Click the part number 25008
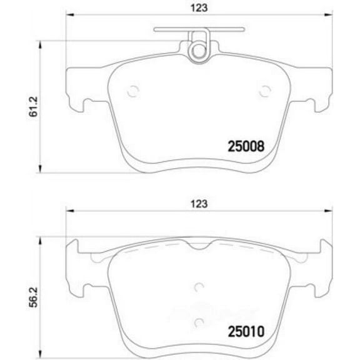245,147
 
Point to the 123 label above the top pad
199,7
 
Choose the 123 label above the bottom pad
199,204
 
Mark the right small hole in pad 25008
263,91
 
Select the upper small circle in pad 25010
199,287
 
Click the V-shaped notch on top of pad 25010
198,247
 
